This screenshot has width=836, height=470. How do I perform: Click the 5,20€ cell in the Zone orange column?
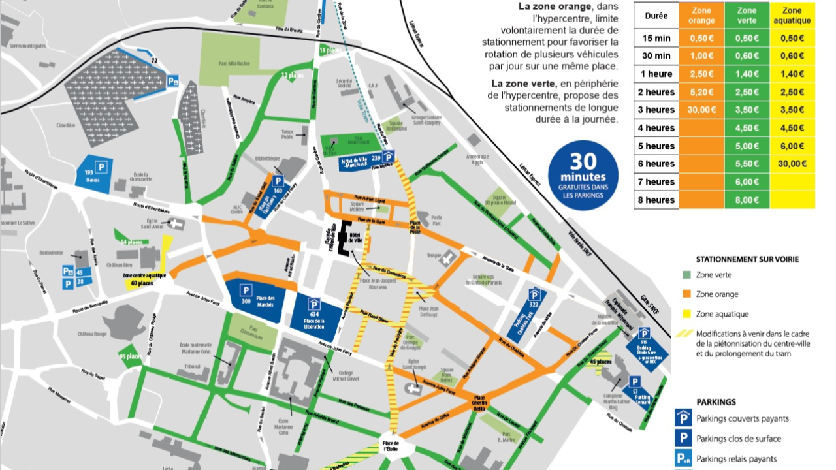click(x=701, y=92)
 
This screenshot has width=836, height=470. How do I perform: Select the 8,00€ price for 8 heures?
click(x=747, y=200)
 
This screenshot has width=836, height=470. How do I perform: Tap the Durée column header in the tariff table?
click(x=656, y=16)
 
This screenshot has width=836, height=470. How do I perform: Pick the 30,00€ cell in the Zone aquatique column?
click(x=792, y=164)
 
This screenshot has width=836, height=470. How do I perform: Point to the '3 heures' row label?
click(x=656, y=110)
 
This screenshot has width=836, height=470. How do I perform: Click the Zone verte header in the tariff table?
click(x=747, y=16)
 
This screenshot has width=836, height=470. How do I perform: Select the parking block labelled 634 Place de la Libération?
click(x=314, y=317)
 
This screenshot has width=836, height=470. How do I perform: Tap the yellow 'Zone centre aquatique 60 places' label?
click(x=145, y=279)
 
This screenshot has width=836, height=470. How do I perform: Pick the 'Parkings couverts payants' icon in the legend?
click(x=683, y=418)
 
